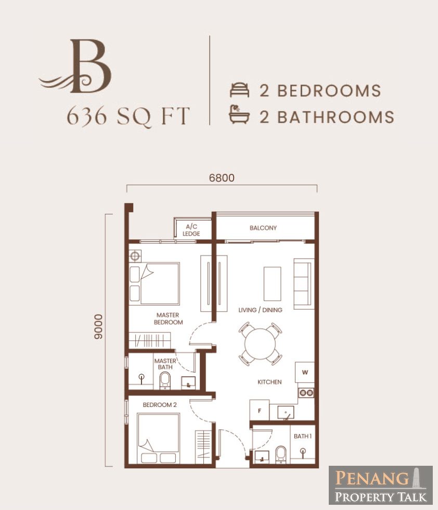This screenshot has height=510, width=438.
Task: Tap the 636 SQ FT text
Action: coord(128,116)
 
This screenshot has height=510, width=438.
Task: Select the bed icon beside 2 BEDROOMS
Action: coord(240,90)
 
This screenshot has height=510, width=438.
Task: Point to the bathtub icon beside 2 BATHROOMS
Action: coord(239,114)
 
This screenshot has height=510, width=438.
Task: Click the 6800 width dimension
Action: coord(222,178)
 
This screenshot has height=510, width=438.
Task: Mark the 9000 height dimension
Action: coord(98,327)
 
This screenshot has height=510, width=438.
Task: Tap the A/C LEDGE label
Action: coord(191,230)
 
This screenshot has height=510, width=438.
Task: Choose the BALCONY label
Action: coord(263,228)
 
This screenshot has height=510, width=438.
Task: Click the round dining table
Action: coord(260,344)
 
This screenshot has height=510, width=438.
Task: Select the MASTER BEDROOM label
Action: coord(168,318)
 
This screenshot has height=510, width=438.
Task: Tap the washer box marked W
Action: coord(305,372)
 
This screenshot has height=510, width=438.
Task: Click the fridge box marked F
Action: coord(260,411)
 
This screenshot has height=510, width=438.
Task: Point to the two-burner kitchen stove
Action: coord(306,393)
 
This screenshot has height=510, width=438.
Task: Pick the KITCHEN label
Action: coord(269,382)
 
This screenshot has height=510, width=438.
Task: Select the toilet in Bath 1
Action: coord(280,454)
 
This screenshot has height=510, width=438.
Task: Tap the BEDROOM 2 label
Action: coord(160,405)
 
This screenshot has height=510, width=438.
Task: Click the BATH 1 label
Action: coord(303,436)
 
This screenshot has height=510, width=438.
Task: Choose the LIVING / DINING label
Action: coord(260,310)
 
